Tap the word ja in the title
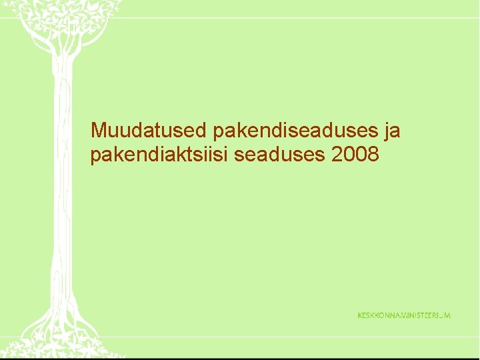click(x=392, y=131)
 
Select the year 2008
click(x=355, y=155)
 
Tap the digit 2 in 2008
click(x=337, y=155)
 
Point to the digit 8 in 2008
click(x=373, y=155)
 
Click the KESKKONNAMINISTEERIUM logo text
click(x=404, y=315)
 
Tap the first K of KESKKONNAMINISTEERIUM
click(x=361, y=315)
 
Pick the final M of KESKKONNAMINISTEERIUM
click(x=447, y=315)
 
